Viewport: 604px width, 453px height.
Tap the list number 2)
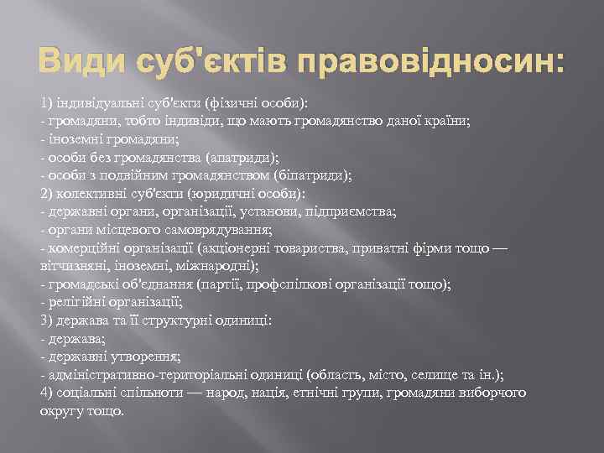47,193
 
